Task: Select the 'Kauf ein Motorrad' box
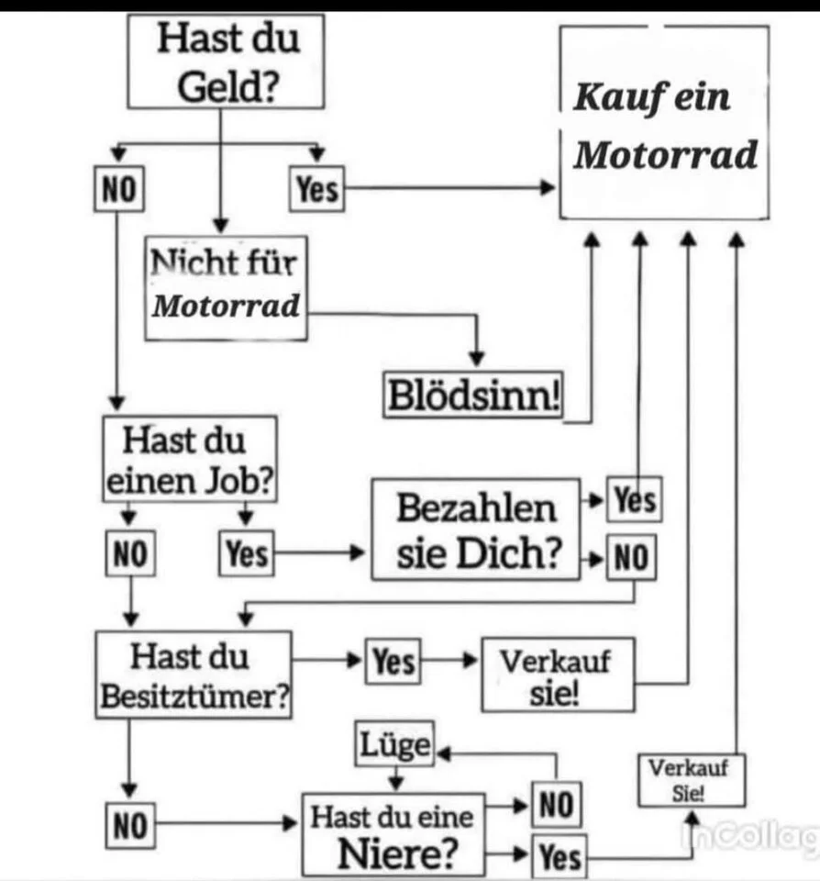[665, 124]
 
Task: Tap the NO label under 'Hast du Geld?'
[118, 190]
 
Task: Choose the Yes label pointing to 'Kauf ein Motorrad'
[316, 190]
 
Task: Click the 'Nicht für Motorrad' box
[226, 286]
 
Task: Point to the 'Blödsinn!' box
[474, 397]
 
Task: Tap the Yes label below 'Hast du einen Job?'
[247, 553]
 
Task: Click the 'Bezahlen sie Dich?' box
[476, 530]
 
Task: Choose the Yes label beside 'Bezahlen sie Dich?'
[635, 501]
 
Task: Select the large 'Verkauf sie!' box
[557, 675]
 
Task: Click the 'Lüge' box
[393, 744]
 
